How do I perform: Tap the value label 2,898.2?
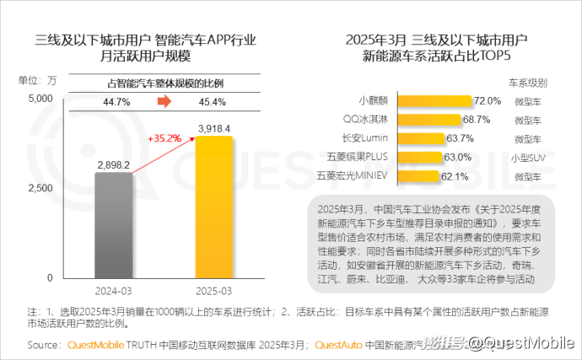pyautogui.click(x=113, y=165)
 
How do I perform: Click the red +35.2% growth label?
pyautogui.click(x=164, y=137)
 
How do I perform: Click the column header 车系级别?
pyautogui.click(x=527, y=83)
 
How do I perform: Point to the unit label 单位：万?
pyautogui.click(x=38, y=82)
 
